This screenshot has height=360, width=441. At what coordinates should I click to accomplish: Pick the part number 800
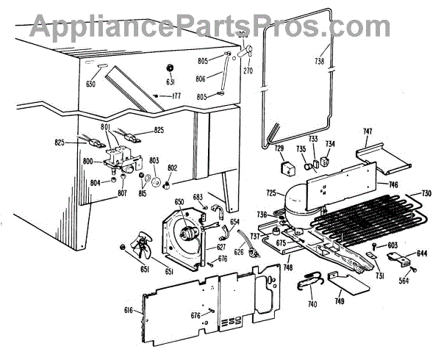[87, 161]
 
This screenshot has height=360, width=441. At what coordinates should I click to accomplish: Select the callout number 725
[270, 192]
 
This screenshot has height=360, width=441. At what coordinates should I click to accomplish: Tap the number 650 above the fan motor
[180, 202]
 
